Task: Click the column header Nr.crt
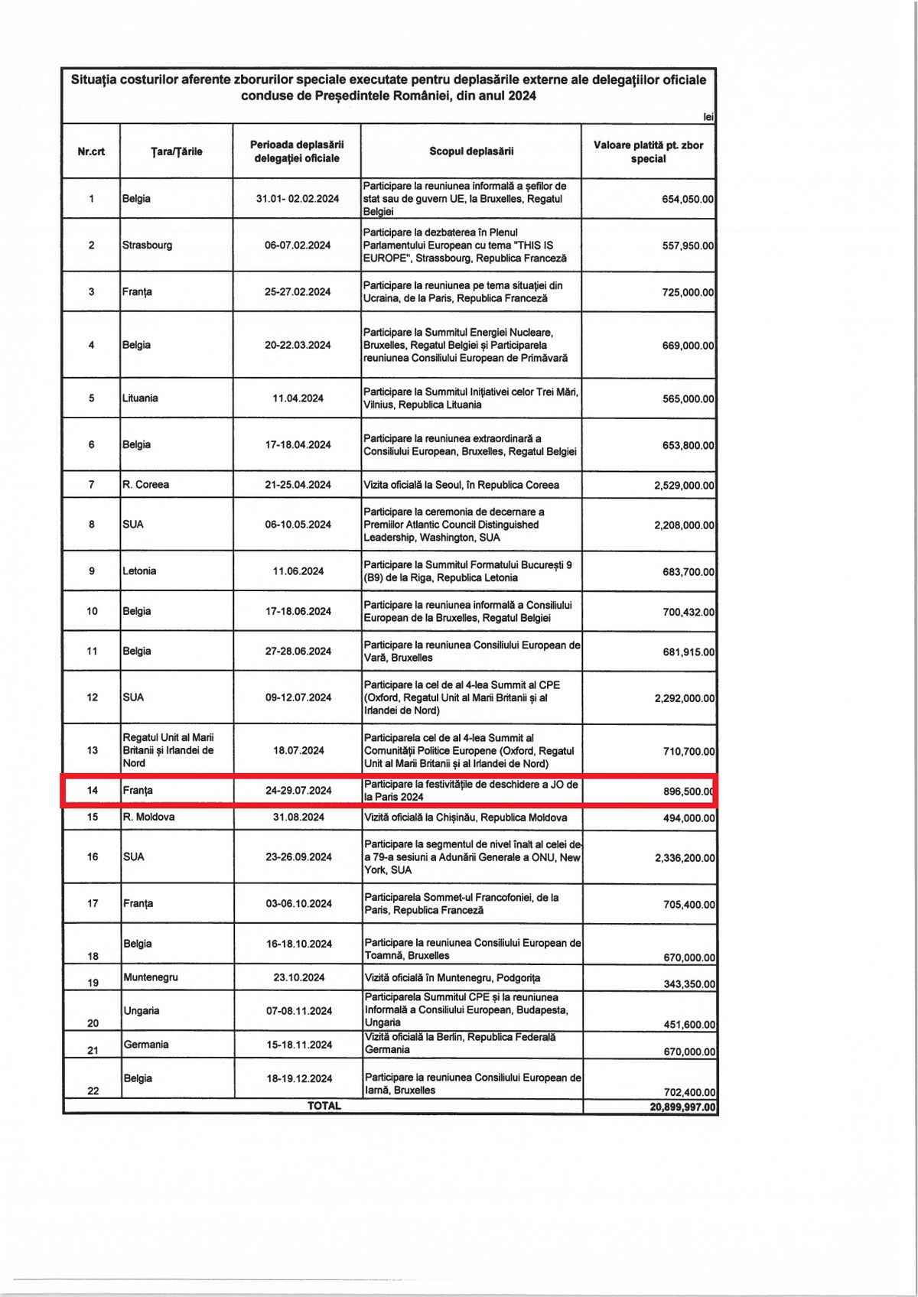tap(91, 151)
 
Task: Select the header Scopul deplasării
tap(471, 151)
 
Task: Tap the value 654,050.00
tap(687, 199)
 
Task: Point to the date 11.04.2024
tap(298, 398)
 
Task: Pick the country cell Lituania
tap(140, 398)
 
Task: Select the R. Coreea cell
tap(145, 485)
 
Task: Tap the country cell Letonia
tap(139, 571)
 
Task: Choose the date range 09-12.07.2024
tap(298, 697)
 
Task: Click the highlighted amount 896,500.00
tap(688, 792)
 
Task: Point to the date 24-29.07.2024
tap(298, 791)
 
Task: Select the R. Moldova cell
tap(148, 818)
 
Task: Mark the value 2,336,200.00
tap(684, 858)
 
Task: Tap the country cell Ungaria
tap(142, 1011)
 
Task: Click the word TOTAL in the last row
tap(324, 1106)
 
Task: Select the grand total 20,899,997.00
tap(682, 1107)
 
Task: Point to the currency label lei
tap(708, 117)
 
